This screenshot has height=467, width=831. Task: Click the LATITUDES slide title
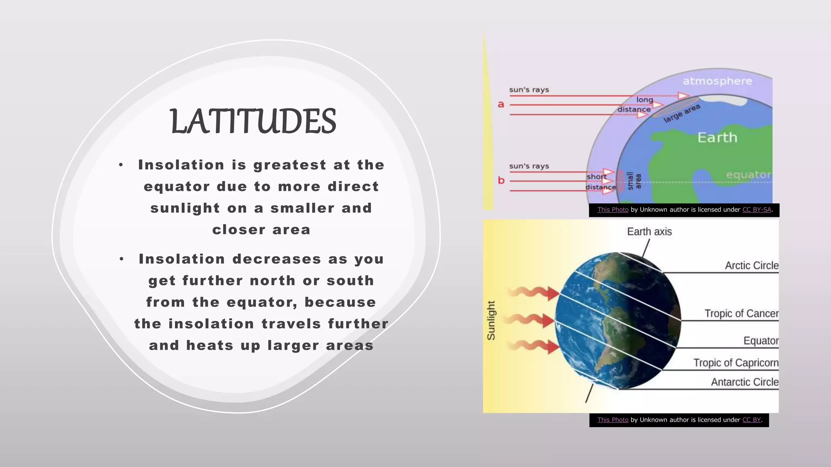[253, 121]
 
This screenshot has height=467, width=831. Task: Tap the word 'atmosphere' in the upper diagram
[717, 81]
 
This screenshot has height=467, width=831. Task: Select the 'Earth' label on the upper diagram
[717, 137]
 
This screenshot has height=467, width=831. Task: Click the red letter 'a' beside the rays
[501, 105]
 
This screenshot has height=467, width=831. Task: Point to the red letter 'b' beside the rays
[501, 180]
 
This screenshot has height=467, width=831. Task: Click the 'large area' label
[682, 113]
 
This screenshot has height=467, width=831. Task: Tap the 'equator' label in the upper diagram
[748, 175]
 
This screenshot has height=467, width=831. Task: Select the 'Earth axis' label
[649, 231]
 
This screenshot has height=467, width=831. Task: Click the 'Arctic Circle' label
[751, 266]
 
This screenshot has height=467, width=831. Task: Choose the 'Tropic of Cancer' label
[741, 313]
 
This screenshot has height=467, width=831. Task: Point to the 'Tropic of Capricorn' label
[736, 363]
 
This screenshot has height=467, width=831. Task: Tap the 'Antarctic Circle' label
[745, 382]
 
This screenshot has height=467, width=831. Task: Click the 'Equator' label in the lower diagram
[761, 341]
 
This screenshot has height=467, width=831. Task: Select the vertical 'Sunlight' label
[491, 320]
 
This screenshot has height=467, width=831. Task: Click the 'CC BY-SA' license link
[757, 210]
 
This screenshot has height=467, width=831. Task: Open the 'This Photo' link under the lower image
[613, 420]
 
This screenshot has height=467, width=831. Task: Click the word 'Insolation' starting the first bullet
[181, 165]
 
